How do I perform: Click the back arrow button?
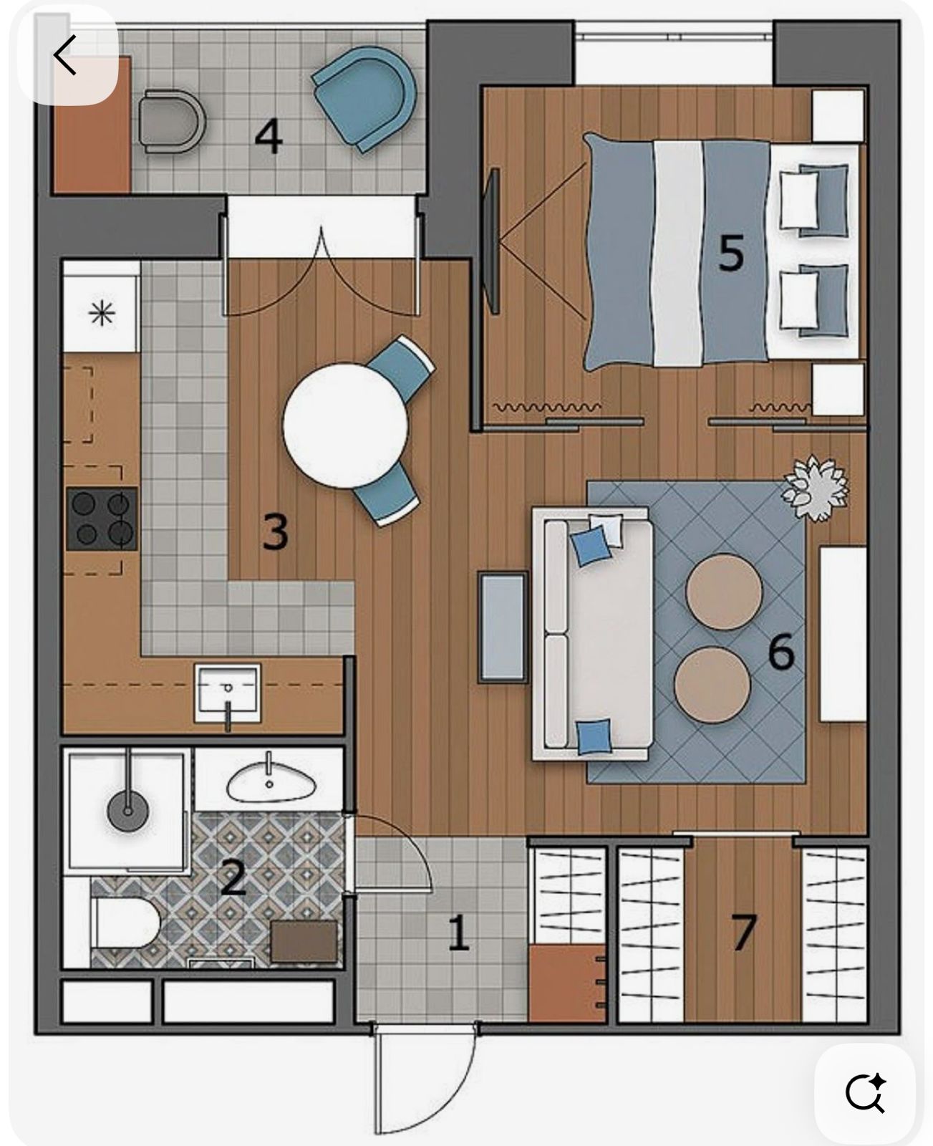[66, 55]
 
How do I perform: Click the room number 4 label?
[269, 138]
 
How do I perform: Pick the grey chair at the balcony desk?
[172, 122]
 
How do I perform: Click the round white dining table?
[346, 425]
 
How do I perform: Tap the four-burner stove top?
[102, 519]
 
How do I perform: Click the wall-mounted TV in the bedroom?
[491, 241]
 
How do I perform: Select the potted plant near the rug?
[816, 488]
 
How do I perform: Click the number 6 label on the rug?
[780, 652]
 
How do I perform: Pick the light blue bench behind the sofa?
[503, 627]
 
